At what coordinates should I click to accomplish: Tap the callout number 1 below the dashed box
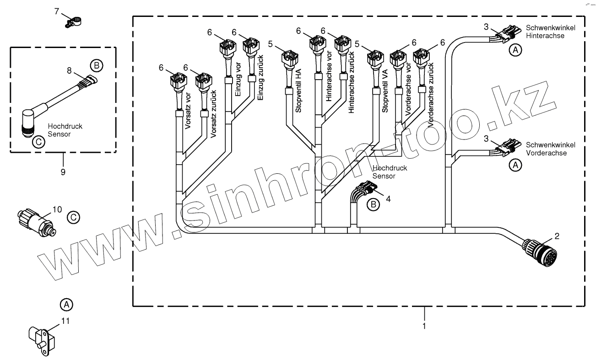tap(424, 326)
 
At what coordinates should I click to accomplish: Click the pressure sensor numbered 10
tap(38, 219)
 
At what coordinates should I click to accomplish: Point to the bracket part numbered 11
tap(42, 339)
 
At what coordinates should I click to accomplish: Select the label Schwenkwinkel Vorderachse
tap(551, 148)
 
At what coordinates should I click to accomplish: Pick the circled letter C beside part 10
tap(72, 217)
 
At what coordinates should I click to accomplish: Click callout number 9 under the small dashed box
tap(63, 172)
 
